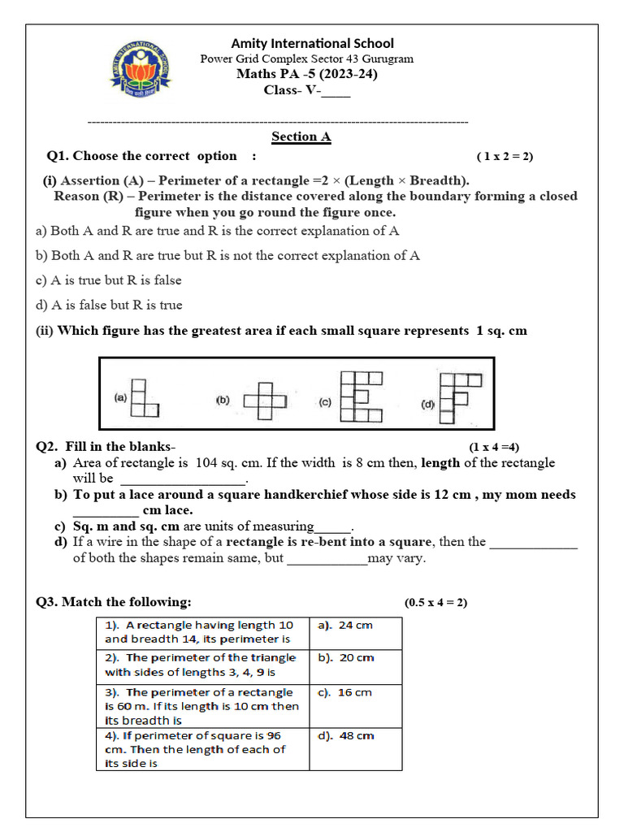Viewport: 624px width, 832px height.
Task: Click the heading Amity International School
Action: [313, 43]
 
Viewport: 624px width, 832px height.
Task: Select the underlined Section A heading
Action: [301, 136]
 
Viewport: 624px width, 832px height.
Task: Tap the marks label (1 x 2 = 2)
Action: [505, 157]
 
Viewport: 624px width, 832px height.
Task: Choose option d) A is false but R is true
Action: [110, 305]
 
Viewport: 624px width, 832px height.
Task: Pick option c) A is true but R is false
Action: [109, 280]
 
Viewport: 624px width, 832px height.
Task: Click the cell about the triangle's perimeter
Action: [201, 665]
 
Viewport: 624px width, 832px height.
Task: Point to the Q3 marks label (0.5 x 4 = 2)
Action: [435, 603]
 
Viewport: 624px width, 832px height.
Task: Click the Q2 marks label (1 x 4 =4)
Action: [494, 447]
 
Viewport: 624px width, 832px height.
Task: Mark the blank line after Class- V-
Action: [336, 91]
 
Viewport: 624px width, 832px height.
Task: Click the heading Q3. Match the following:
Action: [115, 602]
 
